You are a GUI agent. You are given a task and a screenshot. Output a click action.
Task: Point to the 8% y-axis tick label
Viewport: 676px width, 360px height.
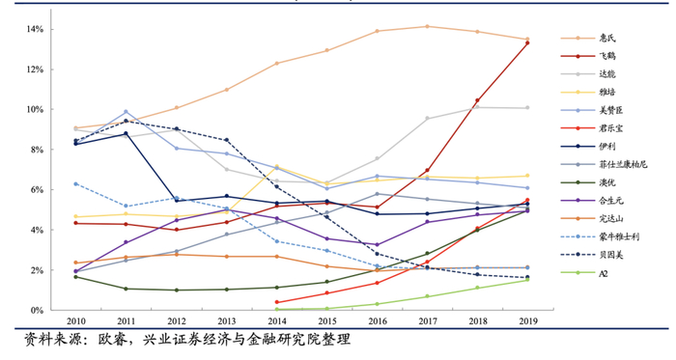click(34, 150)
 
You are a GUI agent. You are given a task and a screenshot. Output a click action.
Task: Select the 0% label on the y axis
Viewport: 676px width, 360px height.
click(34, 310)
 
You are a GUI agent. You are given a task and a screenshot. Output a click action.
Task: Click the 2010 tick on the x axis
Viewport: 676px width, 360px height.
click(75, 321)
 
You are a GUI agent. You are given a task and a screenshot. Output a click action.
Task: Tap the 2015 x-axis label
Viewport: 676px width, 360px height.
click(326, 321)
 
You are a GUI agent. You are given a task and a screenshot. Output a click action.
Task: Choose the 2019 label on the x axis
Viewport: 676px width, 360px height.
click(526, 321)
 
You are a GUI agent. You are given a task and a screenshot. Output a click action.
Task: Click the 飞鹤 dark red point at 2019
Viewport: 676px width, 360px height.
click(526, 42)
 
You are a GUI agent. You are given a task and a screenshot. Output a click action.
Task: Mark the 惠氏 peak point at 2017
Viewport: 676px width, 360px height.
click(427, 26)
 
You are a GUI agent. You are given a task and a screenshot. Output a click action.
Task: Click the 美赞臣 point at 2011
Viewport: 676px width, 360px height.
click(126, 112)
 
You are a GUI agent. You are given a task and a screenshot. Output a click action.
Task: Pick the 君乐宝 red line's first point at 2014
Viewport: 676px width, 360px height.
click(276, 302)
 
